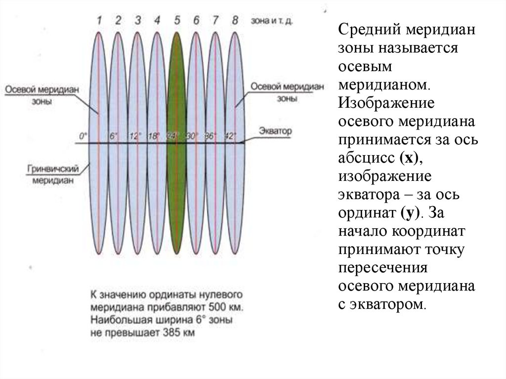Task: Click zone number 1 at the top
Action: coord(99,20)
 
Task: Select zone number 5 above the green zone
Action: coord(177,20)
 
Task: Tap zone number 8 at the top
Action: coord(235,20)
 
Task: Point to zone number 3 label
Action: coord(138,20)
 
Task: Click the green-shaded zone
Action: coord(177,198)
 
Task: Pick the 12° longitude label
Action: coord(134,136)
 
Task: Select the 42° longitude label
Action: coord(230,136)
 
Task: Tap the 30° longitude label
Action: coord(192,136)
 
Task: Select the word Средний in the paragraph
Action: coord(369,31)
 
